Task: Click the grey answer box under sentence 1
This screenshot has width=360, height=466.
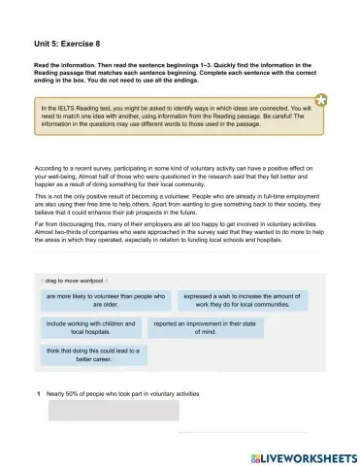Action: point(114,411)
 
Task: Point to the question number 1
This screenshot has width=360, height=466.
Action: point(37,393)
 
